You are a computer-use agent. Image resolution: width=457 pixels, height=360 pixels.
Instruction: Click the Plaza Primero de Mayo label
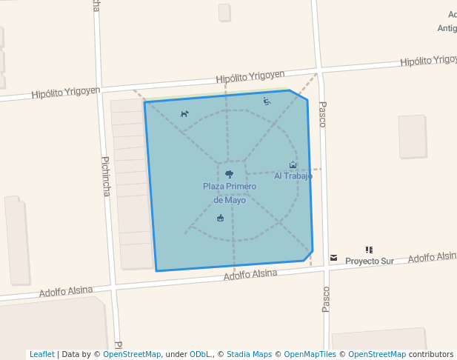tap(230, 193)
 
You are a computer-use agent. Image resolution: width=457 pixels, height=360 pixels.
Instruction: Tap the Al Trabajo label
tap(293, 176)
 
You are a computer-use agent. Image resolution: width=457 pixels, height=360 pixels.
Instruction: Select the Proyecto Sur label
tap(370, 261)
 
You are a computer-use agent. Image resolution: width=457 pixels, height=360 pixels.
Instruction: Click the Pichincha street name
tap(106, 176)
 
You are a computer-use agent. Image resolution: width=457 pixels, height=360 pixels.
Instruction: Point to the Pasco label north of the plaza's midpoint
tap(321, 114)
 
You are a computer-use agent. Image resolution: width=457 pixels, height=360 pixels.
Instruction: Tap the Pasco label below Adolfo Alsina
tap(325, 300)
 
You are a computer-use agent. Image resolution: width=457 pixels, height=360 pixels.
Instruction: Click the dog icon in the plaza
tap(184, 113)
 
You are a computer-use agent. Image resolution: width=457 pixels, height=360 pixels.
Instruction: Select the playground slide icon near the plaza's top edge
tap(267, 101)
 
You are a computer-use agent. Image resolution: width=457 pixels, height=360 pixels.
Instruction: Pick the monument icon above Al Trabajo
tap(293, 165)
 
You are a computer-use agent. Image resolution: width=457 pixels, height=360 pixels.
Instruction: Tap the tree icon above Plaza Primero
tap(229, 174)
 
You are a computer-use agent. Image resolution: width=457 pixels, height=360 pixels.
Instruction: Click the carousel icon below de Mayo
tap(220, 218)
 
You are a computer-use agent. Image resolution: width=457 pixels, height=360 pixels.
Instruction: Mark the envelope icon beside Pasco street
tap(333, 258)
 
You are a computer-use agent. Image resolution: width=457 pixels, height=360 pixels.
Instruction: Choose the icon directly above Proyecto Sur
tap(369, 250)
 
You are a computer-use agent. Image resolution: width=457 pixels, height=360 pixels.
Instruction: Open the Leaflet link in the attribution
tap(42, 354)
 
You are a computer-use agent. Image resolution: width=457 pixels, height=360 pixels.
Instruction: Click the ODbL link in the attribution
tap(200, 354)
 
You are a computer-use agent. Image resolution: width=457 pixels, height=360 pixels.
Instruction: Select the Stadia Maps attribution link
tap(249, 354)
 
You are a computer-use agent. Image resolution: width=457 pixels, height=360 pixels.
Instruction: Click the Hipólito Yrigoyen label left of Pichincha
tap(65, 93)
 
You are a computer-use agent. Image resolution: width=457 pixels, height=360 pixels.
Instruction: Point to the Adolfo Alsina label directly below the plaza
tap(251, 274)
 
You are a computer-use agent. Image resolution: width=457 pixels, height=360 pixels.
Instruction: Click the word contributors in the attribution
tap(431, 354)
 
